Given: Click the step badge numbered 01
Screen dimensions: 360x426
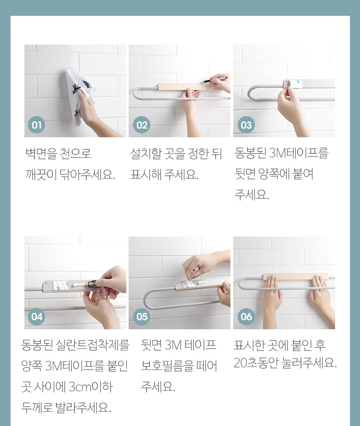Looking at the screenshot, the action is point(36,125).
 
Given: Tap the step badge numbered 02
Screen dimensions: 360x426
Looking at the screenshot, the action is point(141,125).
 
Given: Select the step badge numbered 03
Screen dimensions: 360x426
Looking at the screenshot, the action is point(246,125).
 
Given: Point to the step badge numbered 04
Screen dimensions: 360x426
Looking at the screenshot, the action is point(36,316).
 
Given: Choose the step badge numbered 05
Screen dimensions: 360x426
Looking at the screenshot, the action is point(141,316).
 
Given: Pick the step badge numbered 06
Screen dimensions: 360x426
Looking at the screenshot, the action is point(246,316).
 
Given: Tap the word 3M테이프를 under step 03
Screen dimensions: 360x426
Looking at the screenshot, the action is point(299,153).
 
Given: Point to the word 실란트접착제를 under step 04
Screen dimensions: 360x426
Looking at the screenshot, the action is point(93,345).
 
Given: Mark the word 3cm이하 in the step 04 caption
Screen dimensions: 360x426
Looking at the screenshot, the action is point(90,387).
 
